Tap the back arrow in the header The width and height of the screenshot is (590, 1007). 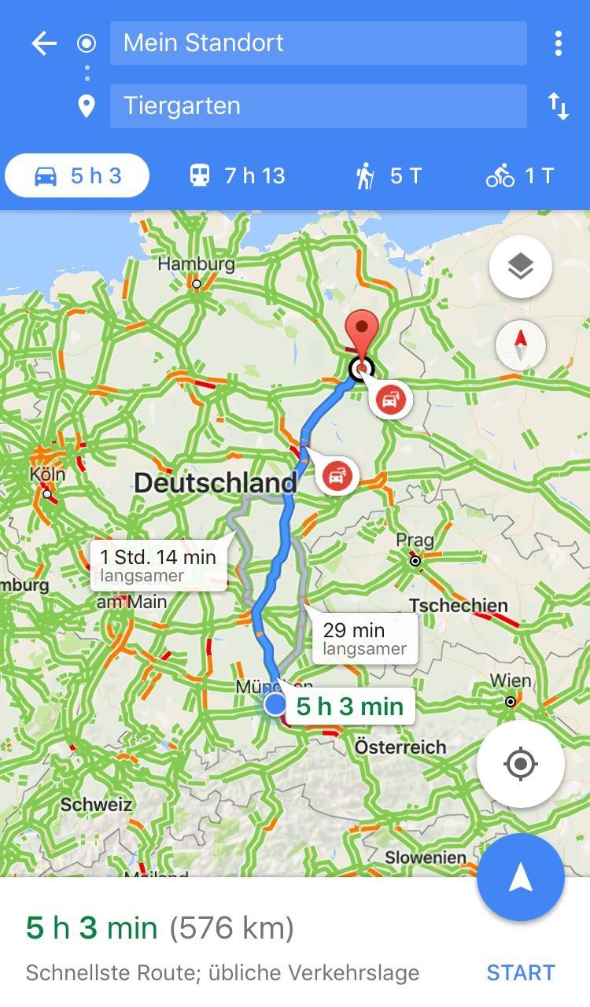point(44,43)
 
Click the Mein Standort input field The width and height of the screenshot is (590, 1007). point(318,43)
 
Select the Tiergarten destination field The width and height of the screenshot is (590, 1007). point(318,106)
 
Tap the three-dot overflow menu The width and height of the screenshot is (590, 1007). point(558,43)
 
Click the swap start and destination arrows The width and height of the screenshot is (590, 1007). point(558,106)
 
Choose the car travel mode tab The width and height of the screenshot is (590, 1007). point(77,175)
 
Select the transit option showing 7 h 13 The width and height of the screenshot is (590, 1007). point(238,175)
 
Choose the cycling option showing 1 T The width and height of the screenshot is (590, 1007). point(520,175)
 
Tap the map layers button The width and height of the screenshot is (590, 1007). point(520,267)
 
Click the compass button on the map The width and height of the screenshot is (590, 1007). point(520,345)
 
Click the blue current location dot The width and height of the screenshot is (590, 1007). point(275,703)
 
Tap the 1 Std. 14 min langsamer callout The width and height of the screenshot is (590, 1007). point(158,565)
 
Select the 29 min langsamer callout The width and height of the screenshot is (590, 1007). point(364,638)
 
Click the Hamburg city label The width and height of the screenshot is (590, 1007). point(196,264)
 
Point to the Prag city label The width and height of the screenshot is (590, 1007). point(415,541)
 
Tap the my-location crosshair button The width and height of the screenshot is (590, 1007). point(520,764)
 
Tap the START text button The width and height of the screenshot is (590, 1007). point(520,972)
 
